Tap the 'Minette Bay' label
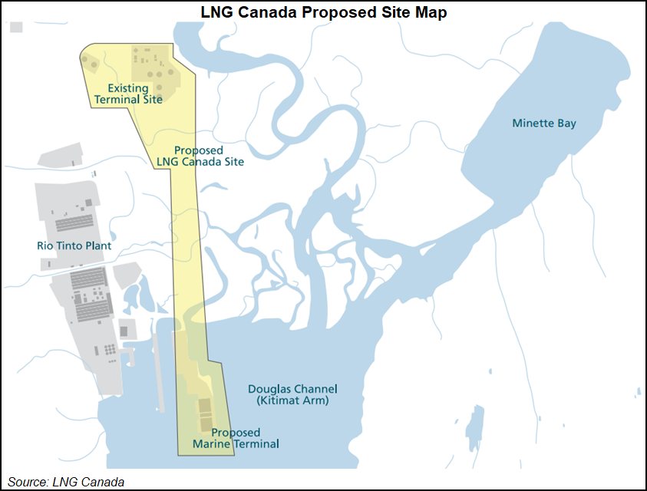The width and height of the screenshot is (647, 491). (544, 124)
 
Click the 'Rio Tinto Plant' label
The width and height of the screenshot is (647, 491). (74, 246)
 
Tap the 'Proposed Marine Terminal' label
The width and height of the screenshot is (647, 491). (245, 438)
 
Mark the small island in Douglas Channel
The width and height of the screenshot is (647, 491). (476, 425)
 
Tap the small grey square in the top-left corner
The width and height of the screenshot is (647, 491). (17, 27)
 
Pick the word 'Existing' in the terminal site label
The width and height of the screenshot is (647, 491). (127, 88)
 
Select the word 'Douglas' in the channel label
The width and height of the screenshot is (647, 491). (269, 389)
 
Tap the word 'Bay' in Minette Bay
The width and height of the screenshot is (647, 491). (566, 124)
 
